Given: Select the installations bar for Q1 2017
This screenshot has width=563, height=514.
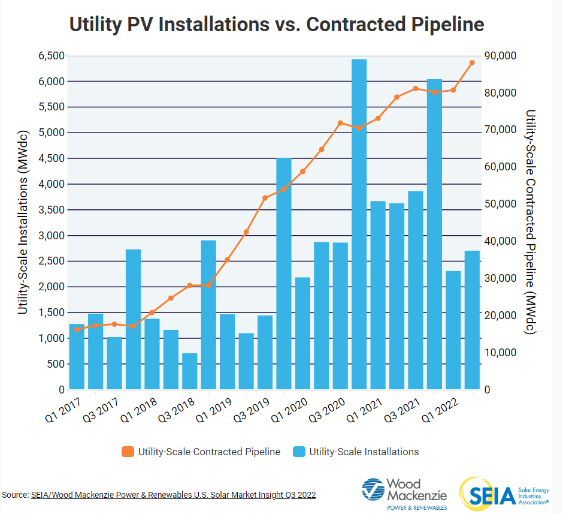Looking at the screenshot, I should pos(77,356).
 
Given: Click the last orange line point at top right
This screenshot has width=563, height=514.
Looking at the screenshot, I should pos(472,62).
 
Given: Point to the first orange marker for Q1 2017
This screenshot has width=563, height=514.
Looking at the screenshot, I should pos(77,329).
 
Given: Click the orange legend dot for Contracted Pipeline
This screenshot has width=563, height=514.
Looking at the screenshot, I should pos(127,452).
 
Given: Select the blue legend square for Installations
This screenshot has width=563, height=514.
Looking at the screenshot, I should pos(299,452).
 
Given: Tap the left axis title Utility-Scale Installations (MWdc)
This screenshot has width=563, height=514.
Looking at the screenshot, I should pos(23,223).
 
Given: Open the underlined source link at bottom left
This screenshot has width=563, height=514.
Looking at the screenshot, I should pos(173,495).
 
